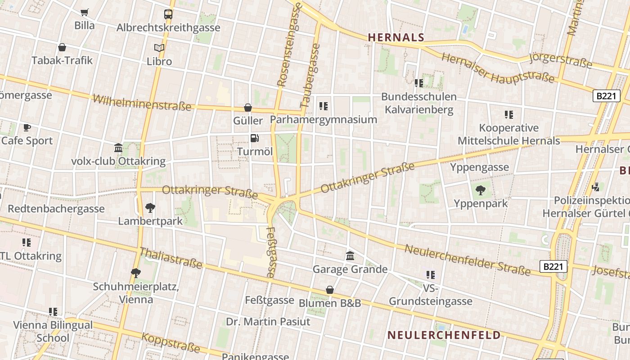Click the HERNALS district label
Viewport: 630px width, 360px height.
tap(396, 37)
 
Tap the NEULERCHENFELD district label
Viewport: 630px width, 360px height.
tap(444, 335)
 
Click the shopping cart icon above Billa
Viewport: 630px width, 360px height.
tap(84, 12)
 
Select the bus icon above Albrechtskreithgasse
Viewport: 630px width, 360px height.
tap(168, 14)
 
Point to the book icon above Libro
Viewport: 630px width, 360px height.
tap(159, 48)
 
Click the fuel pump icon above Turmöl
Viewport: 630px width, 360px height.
tap(255, 138)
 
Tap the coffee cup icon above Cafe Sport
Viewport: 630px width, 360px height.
tap(27, 127)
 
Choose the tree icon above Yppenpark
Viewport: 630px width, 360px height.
tap(481, 190)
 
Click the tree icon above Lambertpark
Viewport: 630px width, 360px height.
tap(150, 208)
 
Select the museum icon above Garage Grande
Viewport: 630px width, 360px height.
tap(350, 256)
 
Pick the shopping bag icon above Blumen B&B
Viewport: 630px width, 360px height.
tap(330, 290)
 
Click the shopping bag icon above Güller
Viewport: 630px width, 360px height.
tap(247, 108)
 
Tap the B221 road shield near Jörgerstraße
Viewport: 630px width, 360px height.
tap(606, 96)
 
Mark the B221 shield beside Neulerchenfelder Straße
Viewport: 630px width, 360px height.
tap(553, 266)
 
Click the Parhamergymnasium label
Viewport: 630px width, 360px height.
tap(323, 120)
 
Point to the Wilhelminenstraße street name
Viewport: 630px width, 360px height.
tap(142, 103)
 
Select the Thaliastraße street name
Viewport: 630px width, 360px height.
tap(171, 258)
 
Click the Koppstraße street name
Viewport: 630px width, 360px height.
tap(171, 342)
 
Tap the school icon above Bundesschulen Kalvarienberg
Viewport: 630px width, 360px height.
tap(419, 83)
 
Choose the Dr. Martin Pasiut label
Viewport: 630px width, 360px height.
tap(268, 322)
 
